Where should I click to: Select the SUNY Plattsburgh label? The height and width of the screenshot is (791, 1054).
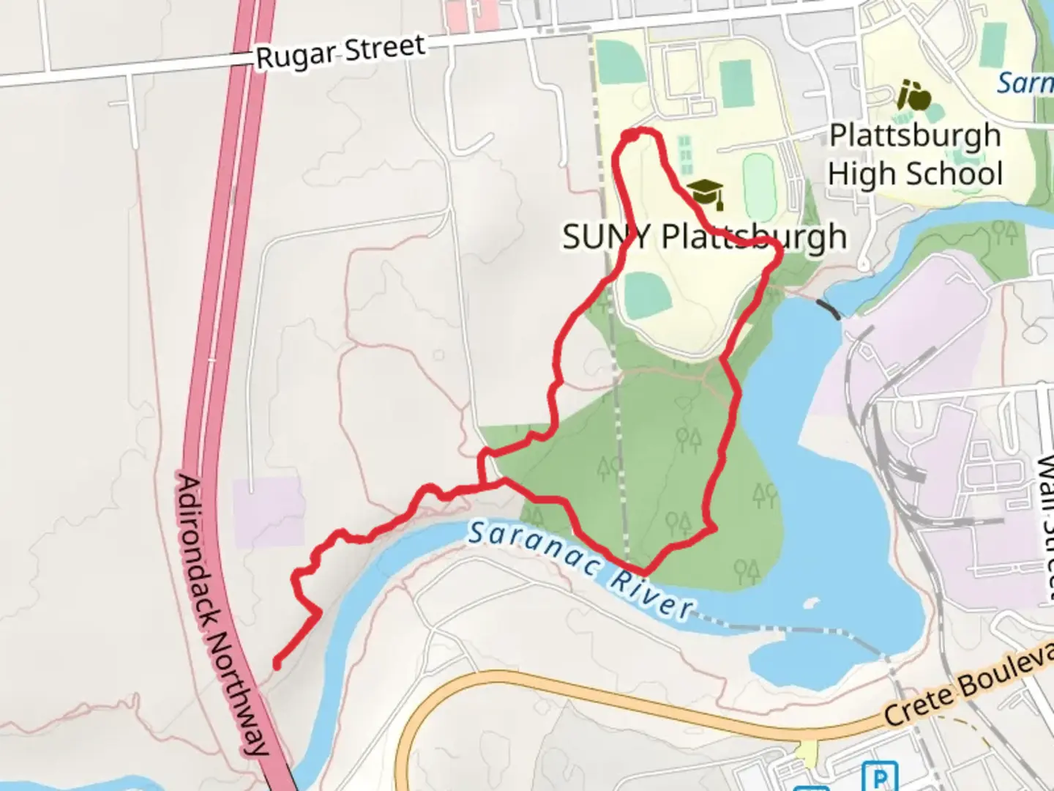704,237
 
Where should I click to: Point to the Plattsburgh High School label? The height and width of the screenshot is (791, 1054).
915,155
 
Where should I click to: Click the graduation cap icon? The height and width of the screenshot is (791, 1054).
706,193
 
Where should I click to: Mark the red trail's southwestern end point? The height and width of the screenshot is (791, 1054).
277,664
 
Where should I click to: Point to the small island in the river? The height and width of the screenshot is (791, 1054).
809,604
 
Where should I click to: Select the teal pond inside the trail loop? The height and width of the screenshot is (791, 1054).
649,294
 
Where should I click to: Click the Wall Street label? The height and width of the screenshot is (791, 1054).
1045,527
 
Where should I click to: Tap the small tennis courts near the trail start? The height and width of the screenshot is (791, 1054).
685,150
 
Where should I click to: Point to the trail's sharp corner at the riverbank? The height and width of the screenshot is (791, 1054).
643,571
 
